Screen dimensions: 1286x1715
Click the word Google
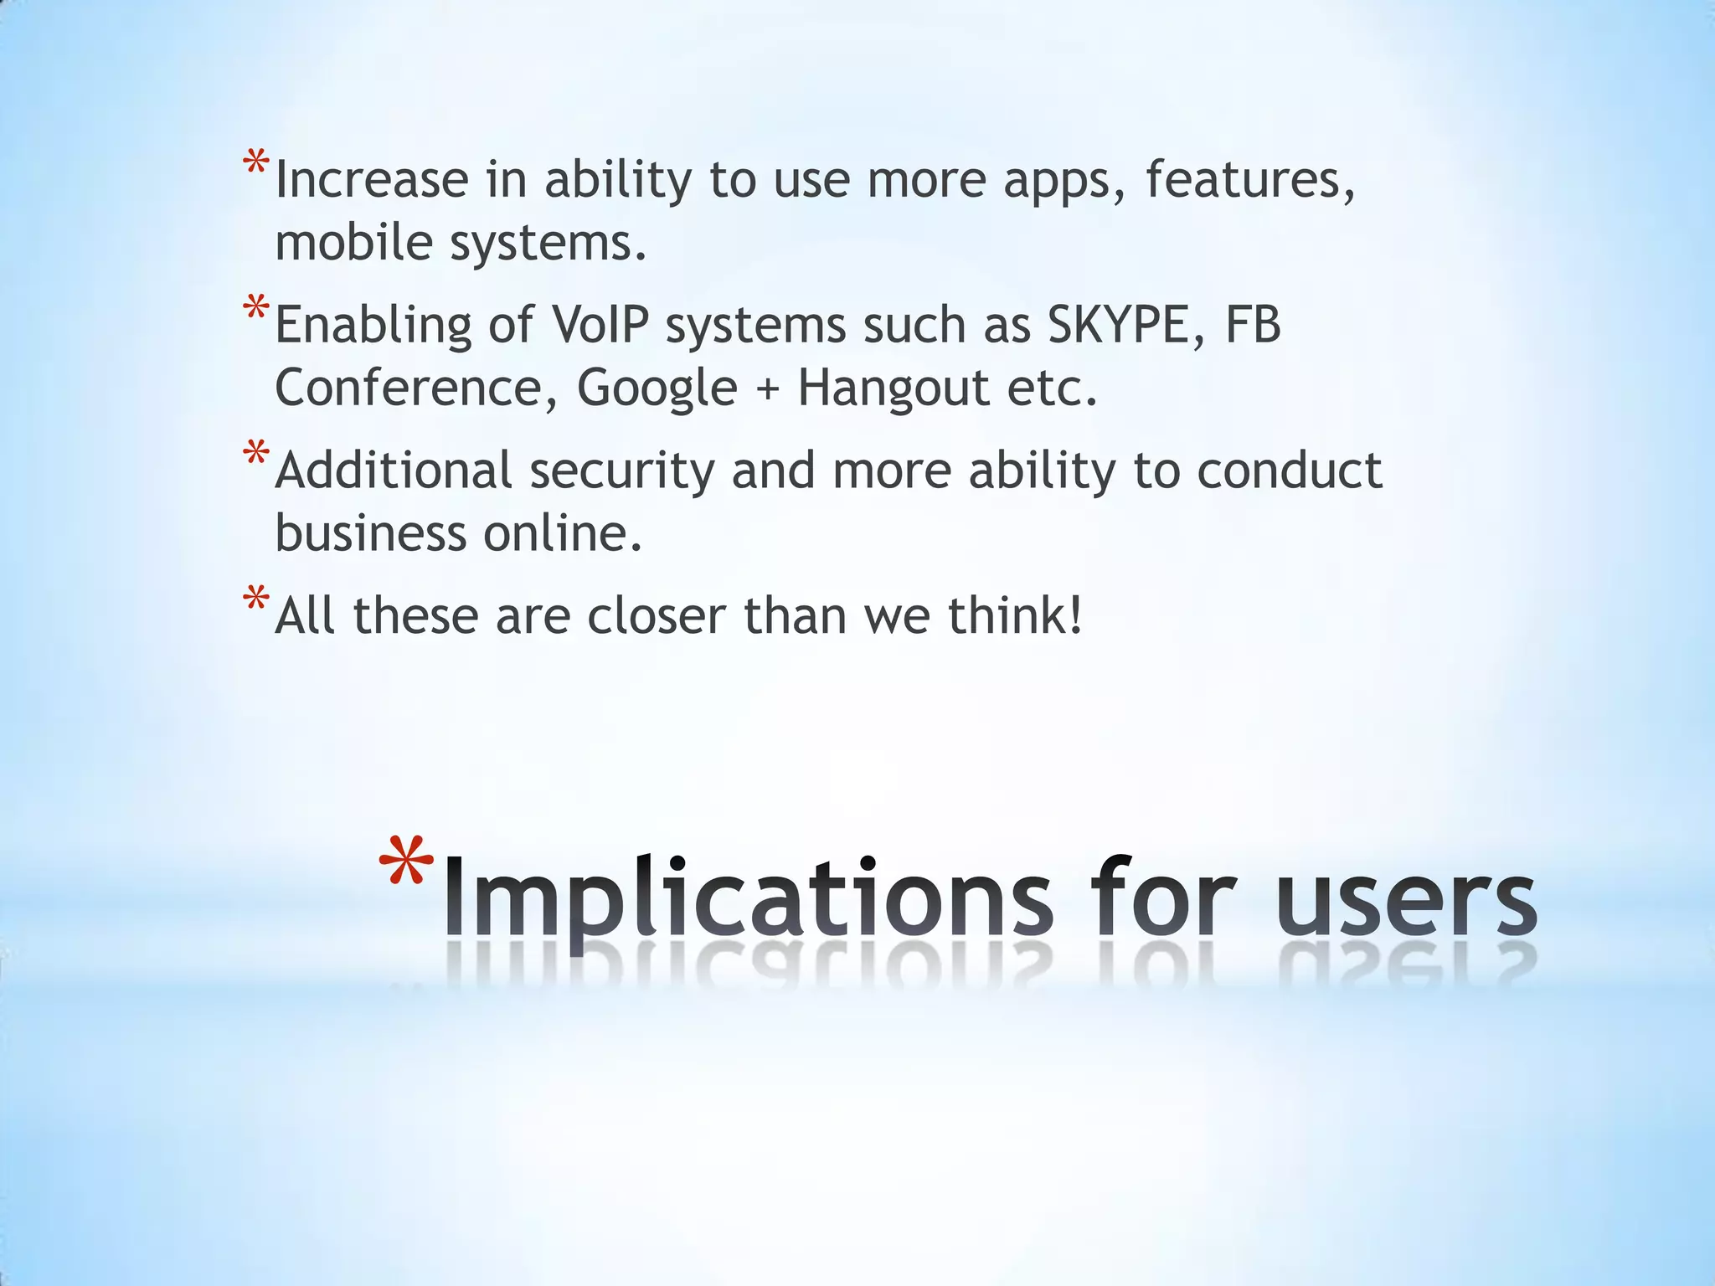pos(657,388)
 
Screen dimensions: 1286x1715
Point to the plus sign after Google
pos(767,390)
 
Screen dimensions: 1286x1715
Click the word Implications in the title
pos(746,898)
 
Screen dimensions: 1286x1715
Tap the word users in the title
pos(1406,898)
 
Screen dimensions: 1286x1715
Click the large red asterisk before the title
pos(407,862)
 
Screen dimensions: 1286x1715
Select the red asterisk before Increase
pos(256,162)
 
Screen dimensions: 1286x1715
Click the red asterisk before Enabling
pos(256,307)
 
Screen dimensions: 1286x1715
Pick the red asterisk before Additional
pos(256,453)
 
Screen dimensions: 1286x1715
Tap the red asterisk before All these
pos(256,599)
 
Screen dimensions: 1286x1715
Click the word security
pos(621,471)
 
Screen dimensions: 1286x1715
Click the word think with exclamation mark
pos(1016,616)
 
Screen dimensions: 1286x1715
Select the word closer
pos(657,616)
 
